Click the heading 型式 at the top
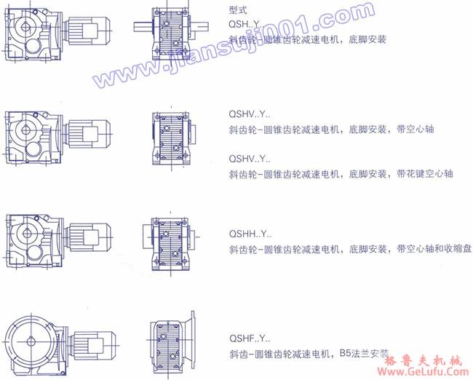pos(236,11)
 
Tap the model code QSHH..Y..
pos(250,234)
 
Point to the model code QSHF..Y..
pos(250,339)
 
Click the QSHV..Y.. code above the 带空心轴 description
pos(250,114)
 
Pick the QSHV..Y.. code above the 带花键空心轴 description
pos(250,158)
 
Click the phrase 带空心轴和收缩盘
pos(434,250)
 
